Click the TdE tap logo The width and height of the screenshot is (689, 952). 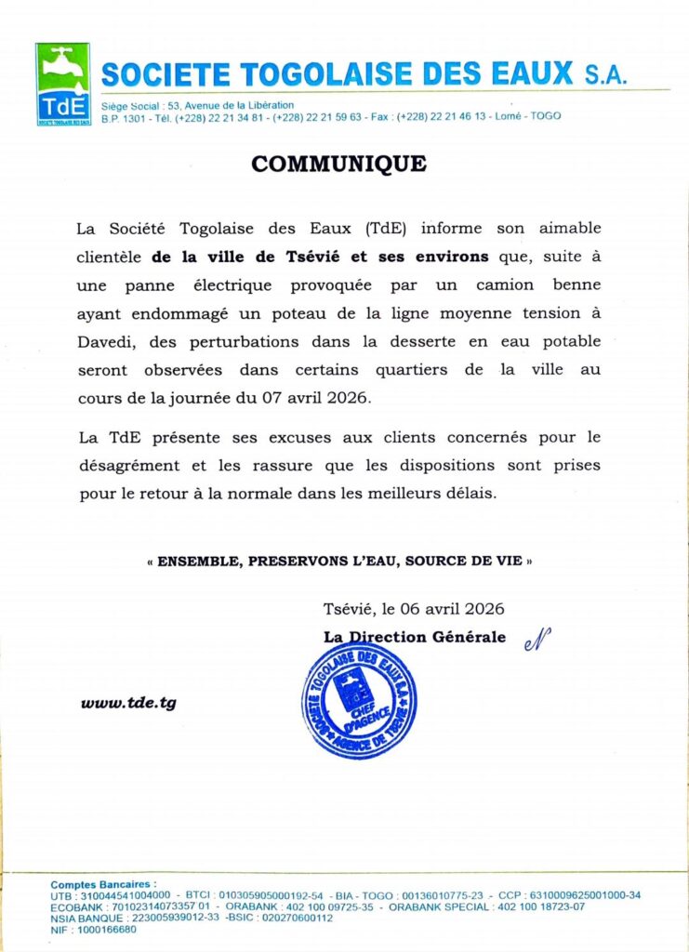(x=62, y=84)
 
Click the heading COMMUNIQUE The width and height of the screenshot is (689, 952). (x=338, y=165)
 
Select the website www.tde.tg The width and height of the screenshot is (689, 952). (x=128, y=703)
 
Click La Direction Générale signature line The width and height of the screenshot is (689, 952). (x=415, y=637)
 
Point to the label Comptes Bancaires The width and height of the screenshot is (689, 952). (x=103, y=884)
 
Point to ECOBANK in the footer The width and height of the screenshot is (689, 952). (x=78, y=906)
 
